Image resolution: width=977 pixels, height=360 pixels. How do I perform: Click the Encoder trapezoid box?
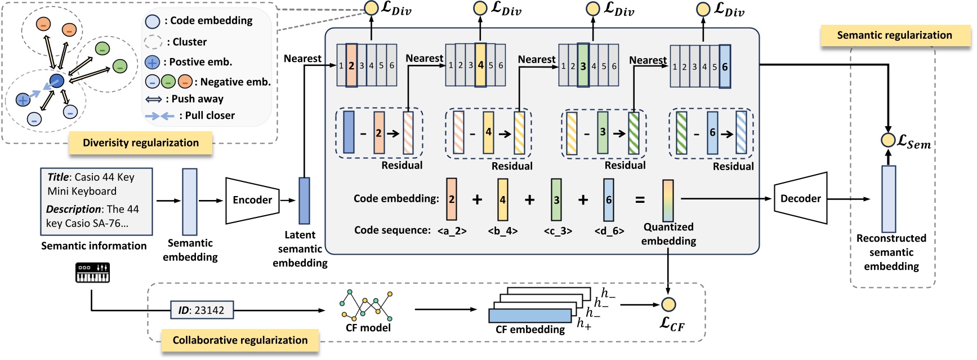252,200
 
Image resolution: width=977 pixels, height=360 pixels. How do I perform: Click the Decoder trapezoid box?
800,199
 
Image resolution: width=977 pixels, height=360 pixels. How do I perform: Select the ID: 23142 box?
202,310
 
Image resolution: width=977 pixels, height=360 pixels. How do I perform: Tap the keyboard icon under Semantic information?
92,273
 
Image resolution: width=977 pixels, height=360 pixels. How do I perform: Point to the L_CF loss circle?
668,305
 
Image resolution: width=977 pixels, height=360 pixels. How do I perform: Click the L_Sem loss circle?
888,140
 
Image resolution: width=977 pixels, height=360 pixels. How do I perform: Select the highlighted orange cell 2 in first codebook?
351,65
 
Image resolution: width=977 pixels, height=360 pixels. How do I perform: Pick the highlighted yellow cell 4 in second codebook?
480,65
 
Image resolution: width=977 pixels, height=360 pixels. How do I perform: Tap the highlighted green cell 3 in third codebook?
583,66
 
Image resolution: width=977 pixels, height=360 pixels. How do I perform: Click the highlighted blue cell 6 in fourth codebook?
725,66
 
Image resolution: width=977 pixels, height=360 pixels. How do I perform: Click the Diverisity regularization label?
140,143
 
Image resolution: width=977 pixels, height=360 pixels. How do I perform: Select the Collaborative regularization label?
240,340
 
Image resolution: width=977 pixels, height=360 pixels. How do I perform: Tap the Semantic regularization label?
894,35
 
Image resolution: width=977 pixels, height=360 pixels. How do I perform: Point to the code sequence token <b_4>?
502,230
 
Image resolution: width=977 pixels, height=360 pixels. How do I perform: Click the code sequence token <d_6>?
609,230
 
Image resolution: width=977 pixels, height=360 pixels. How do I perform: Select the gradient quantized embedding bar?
668,201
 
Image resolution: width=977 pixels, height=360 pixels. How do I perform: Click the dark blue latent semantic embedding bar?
304,201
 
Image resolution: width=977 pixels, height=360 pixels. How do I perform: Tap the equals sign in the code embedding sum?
640,200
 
